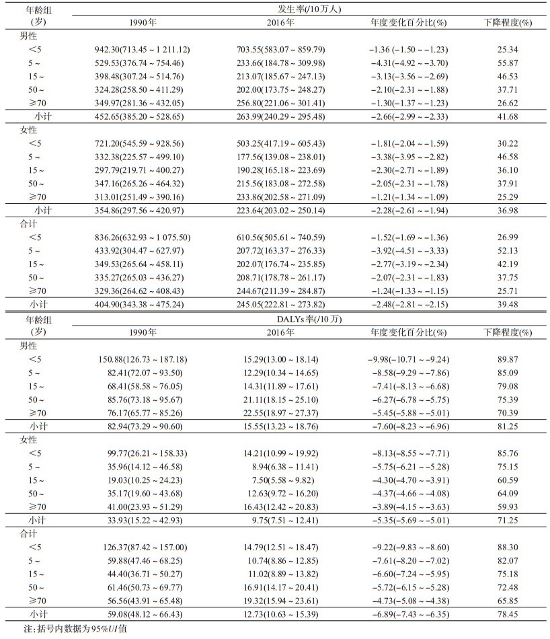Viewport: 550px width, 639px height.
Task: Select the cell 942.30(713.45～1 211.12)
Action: pos(143,49)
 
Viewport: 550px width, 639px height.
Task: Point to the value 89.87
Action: pos(508,360)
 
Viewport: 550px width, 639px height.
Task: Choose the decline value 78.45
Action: pos(508,613)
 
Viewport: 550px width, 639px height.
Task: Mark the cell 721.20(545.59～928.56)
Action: pos(143,143)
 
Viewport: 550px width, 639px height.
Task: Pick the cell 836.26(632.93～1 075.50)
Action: pos(143,237)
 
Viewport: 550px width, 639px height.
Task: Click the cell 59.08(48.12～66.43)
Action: pos(143,613)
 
